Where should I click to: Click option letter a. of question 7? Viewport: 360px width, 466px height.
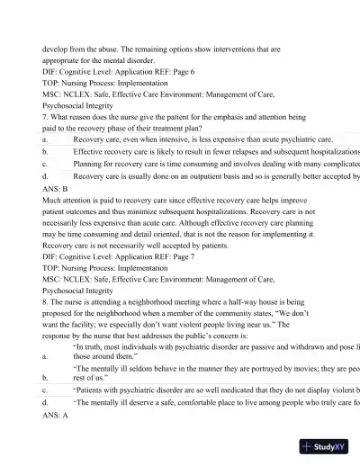(x=45, y=139)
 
